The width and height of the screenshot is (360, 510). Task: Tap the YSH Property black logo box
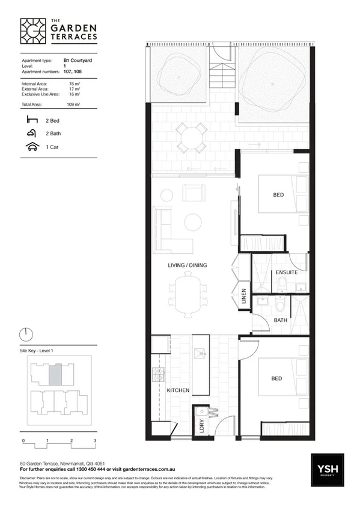(x=328, y=470)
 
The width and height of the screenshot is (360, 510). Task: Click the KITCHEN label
(x=178, y=390)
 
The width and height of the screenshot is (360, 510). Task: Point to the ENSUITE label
(x=286, y=272)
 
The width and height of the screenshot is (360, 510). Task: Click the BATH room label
(x=279, y=321)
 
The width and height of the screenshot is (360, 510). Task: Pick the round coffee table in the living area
(x=193, y=222)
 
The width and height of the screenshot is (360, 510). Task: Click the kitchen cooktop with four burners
(x=158, y=375)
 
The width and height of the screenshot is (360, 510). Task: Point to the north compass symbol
(x=25, y=334)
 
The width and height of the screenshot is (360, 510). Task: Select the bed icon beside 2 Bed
(x=31, y=120)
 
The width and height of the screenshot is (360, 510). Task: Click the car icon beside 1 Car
(x=31, y=146)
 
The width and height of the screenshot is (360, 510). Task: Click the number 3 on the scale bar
(x=95, y=441)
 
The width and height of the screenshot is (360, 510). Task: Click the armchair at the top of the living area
(x=194, y=193)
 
